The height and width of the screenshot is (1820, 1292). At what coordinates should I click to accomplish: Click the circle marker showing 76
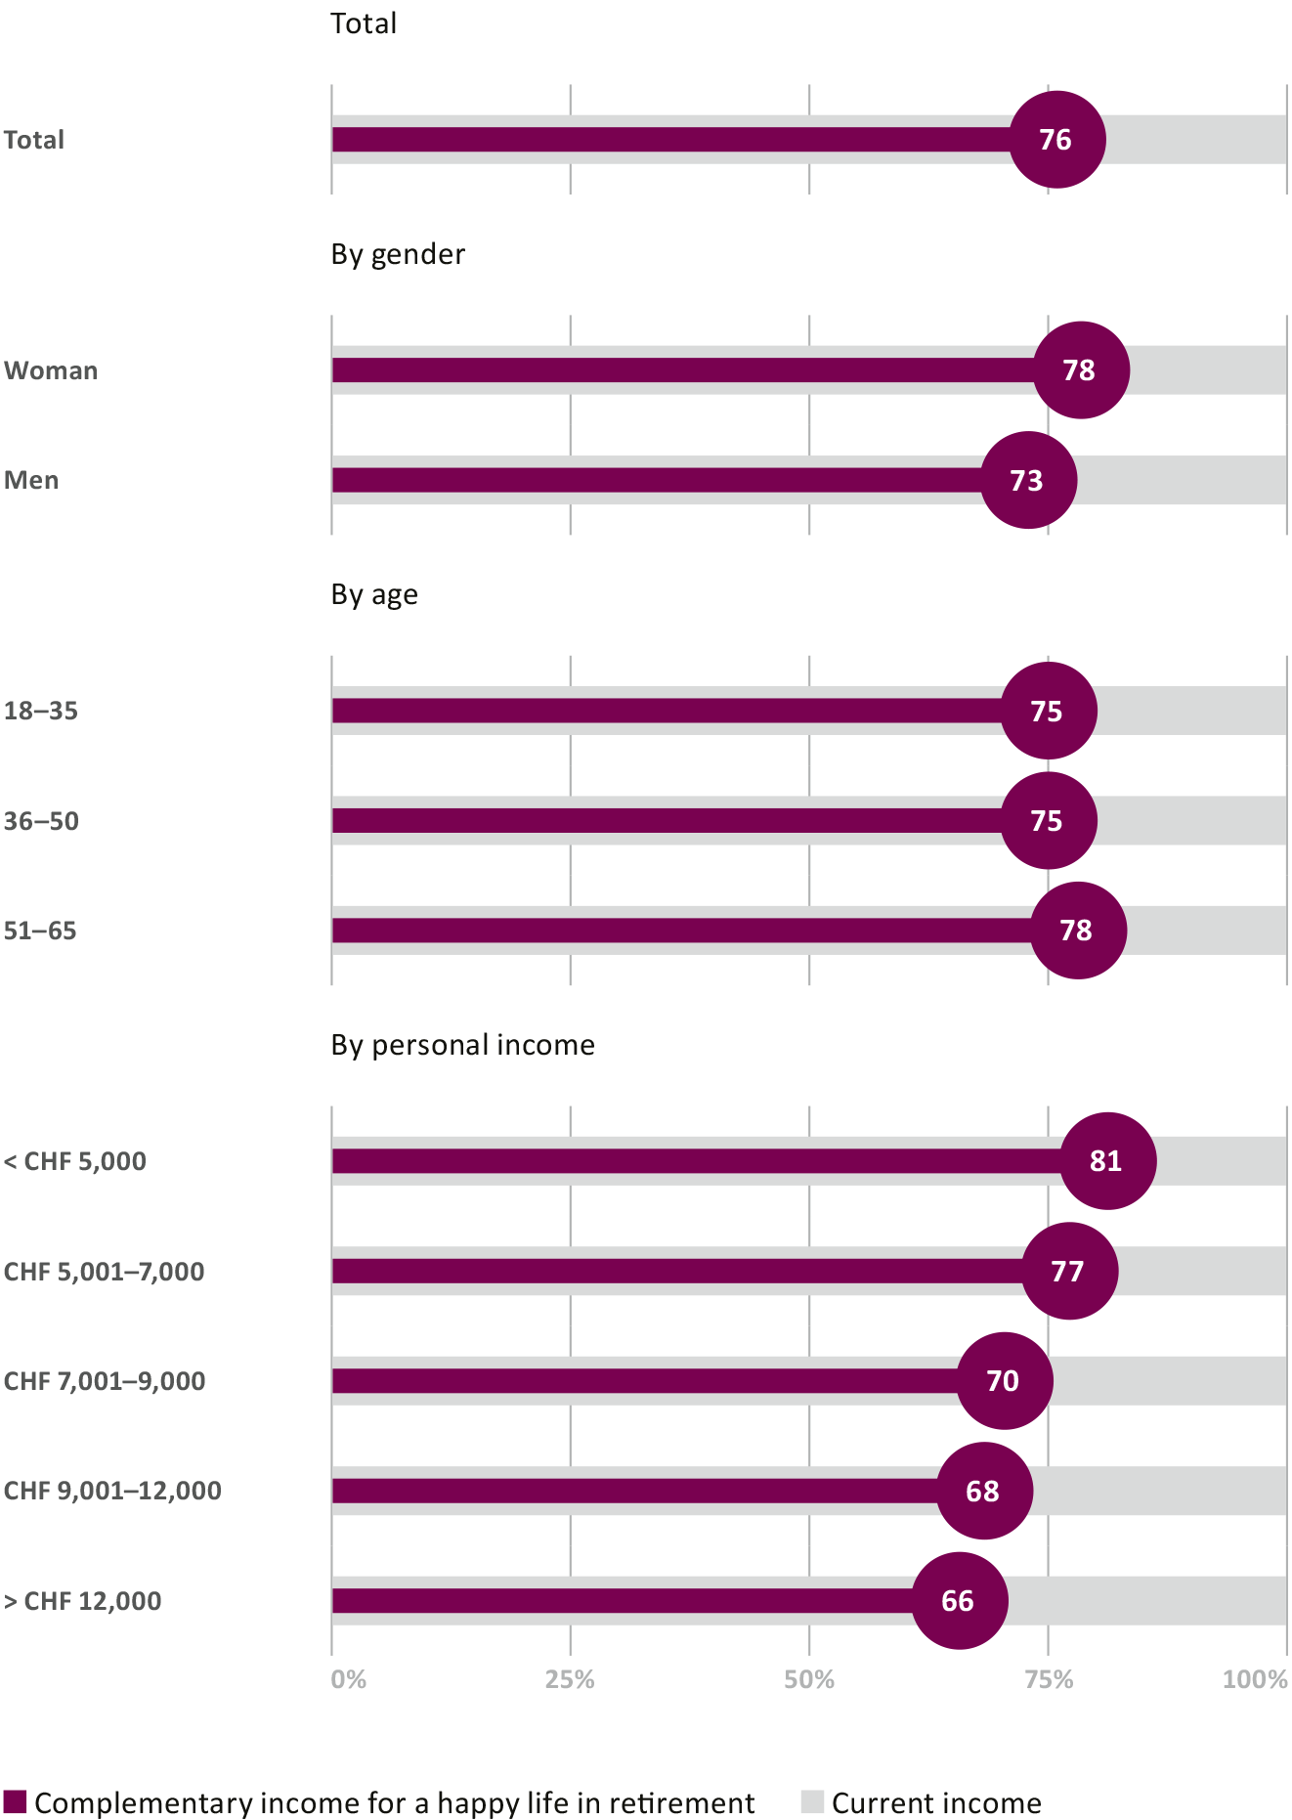(x=1056, y=140)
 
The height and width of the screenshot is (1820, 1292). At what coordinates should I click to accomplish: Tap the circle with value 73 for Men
(x=1028, y=480)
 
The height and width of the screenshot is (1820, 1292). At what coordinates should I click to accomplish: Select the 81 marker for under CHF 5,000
(x=1107, y=1161)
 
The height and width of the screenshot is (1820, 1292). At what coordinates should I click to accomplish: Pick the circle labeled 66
(x=959, y=1601)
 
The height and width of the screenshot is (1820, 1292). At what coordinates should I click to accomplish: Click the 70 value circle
(x=1004, y=1381)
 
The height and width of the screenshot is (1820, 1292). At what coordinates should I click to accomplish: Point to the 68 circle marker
(x=984, y=1491)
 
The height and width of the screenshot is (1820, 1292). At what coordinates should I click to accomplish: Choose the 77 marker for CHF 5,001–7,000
(x=1069, y=1271)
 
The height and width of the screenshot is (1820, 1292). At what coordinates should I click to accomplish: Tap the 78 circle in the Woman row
(x=1081, y=370)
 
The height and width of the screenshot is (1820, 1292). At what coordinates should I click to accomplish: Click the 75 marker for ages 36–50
(x=1049, y=821)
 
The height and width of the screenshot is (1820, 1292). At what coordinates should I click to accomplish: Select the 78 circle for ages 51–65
(x=1078, y=931)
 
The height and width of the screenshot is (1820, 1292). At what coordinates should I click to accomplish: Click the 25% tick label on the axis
(x=570, y=1679)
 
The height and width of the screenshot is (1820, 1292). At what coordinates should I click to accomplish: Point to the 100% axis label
(x=1255, y=1679)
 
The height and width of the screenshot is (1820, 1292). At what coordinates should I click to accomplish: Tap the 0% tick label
(x=349, y=1679)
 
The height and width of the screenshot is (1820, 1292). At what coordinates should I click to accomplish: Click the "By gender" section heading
(x=398, y=254)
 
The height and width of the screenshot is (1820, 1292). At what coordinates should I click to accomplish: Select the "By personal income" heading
(x=462, y=1045)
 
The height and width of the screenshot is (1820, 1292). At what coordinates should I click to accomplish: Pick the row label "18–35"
(x=41, y=711)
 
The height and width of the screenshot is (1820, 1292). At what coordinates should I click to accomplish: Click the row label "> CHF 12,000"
(x=83, y=1601)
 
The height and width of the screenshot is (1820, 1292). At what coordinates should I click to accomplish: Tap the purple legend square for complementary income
(x=15, y=1802)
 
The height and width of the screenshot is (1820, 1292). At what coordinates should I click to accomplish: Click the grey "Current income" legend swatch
(x=812, y=1802)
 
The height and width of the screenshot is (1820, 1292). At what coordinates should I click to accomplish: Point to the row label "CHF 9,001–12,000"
(x=112, y=1491)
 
